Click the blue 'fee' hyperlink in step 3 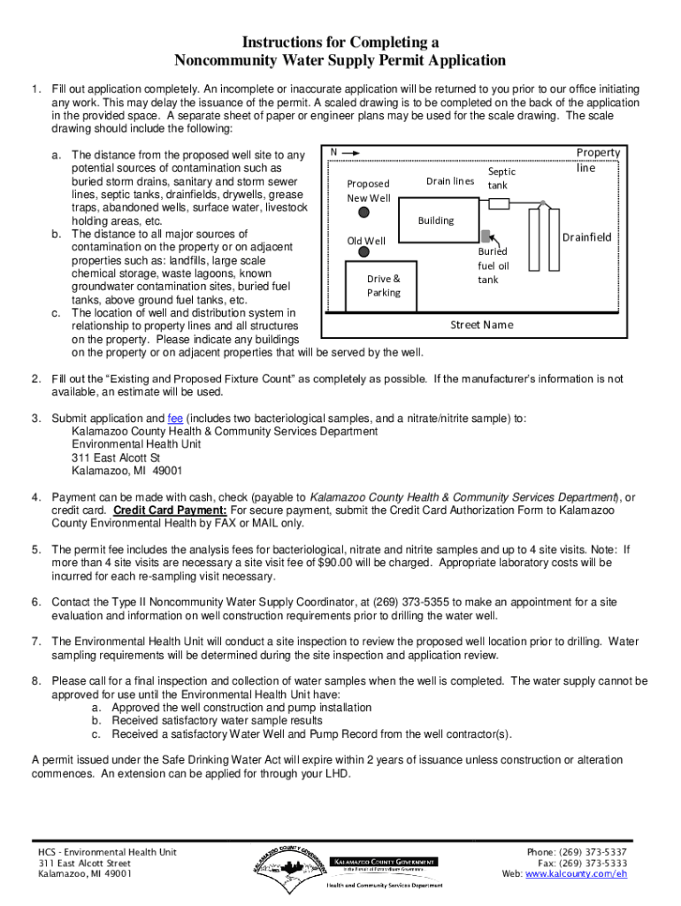click(175, 418)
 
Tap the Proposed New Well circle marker click(363, 212)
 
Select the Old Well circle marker click(363, 252)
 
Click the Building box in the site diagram click(439, 220)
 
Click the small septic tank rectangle click(499, 203)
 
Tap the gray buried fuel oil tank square click(486, 235)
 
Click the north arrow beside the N click(350, 153)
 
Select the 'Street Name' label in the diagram click(482, 325)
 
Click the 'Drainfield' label click(587, 237)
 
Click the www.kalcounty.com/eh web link click(576, 873)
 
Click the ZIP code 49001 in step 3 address click(167, 471)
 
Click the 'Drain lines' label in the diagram click(450, 181)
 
